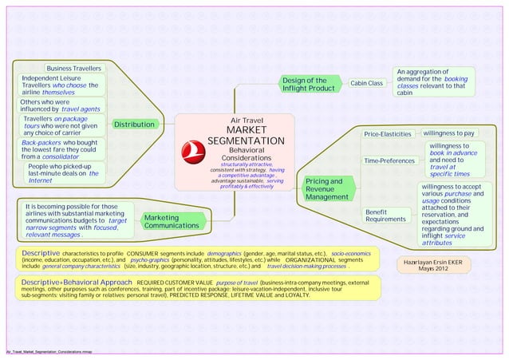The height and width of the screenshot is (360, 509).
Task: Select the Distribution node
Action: pyautogui.click(x=133, y=125)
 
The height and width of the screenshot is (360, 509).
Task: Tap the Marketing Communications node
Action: pyautogui.click(x=166, y=221)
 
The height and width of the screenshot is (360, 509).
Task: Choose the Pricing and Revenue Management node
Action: pyautogui.click(x=323, y=189)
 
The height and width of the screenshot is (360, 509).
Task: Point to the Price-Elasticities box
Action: pyautogui.click(x=387, y=133)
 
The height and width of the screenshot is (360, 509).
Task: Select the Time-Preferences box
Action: pyautogui.click(x=389, y=162)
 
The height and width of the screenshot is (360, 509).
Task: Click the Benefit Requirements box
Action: pyautogui.click(x=386, y=215)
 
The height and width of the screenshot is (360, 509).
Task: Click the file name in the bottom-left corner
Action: pyautogui.click(x=49, y=352)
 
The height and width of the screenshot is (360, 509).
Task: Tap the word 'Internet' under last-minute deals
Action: pyautogui.click(x=41, y=181)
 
